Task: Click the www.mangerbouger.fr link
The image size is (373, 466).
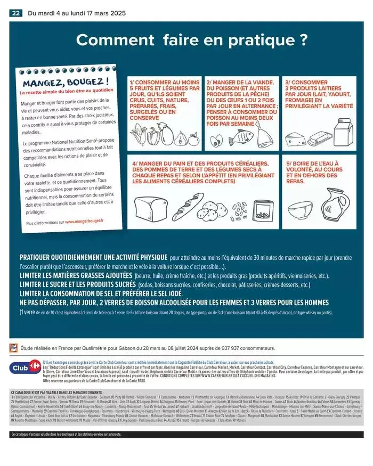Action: coord(85,220)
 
